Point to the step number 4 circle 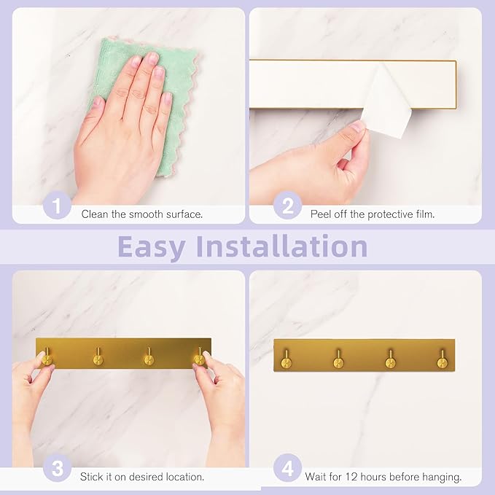(x=287, y=468)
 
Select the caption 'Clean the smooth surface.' (x=141, y=214)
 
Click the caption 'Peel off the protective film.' (x=372, y=214)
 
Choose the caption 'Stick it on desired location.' (x=141, y=477)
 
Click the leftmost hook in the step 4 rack (x=287, y=359)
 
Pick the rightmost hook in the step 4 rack (x=442, y=359)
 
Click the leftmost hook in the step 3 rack (x=47, y=357)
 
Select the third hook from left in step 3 (x=149, y=357)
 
